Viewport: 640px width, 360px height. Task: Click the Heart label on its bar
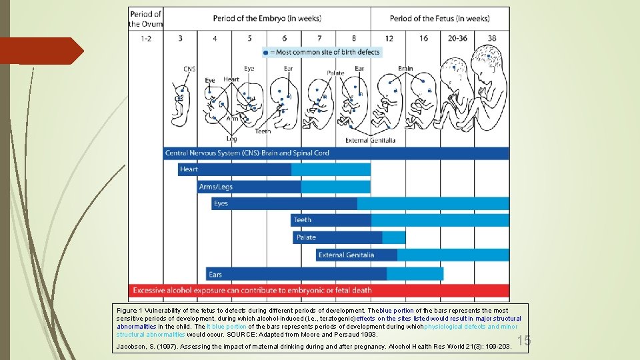(x=189, y=169)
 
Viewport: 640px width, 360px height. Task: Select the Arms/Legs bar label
(x=215, y=187)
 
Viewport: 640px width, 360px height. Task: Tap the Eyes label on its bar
(x=221, y=203)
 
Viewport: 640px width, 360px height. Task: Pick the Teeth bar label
(x=303, y=219)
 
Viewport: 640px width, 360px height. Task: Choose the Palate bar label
(x=306, y=237)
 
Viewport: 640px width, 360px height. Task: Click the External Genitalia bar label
(x=346, y=255)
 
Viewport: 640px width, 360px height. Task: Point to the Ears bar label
(x=215, y=274)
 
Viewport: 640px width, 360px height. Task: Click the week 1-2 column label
(x=146, y=38)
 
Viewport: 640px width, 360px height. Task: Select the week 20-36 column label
(x=457, y=38)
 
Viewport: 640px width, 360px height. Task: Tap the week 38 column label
(x=492, y=38)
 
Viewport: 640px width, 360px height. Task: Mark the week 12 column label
(x=389, y=38)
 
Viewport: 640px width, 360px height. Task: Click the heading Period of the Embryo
(x=267, y=18)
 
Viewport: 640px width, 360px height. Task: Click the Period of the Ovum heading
(x=145, y=19)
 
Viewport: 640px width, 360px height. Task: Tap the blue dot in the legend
(x=266, y=52)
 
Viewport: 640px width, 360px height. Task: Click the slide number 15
(x=523, y=341)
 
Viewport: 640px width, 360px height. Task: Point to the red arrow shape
(x=40, y=51)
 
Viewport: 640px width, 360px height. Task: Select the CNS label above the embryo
(x=190, y=69)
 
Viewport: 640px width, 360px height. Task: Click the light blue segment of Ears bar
(x=415, y=274)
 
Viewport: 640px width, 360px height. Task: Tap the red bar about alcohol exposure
(x=319, y=291)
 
